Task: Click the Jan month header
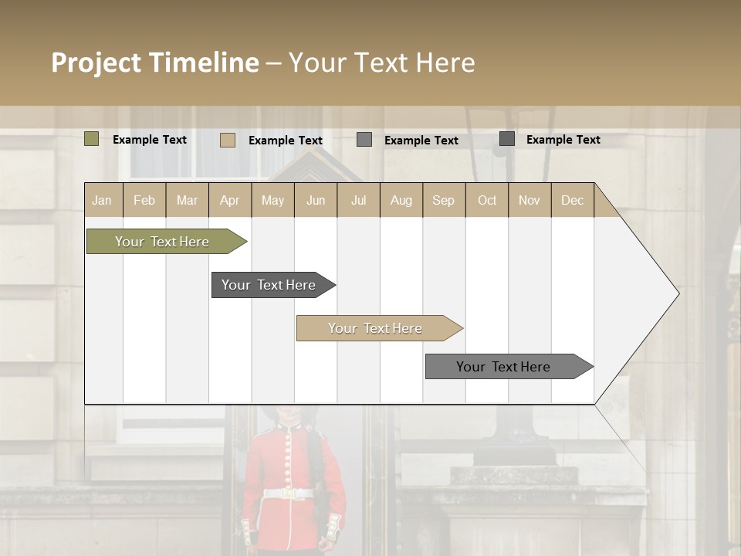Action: tap(102, 200)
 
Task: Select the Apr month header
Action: tap(229, 200)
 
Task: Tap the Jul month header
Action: tap(358, 200)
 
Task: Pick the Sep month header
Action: tap(443, 200)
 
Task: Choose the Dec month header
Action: tap(572, 200)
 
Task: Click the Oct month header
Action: tap(487, 200)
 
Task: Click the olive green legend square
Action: tap(91, 139)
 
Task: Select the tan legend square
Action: tap(227, 140)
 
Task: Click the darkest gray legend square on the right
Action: tap(507, 139)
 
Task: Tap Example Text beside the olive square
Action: tap(150, 140)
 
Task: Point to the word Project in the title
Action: tap(96, 63)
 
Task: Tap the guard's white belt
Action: tap(287, 493)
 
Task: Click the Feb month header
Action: tap(144, 200)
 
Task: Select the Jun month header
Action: tap(316, 200)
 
